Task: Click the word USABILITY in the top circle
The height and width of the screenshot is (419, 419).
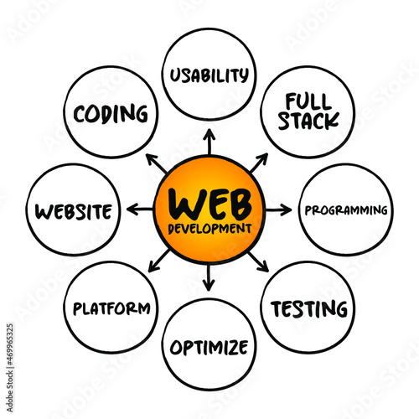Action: click(x=209, y=75)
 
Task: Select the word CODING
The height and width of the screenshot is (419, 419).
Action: click(x=111, y=114)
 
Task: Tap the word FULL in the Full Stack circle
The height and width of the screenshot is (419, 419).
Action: click(x=308, y=101)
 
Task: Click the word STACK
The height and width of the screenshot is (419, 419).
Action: click(x=308, y=121)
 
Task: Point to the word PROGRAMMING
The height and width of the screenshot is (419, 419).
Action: click(x=346, y=210)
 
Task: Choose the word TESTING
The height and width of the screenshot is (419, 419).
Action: click(x=309, y=309)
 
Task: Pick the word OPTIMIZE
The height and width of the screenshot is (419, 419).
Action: click(x=209, y=347)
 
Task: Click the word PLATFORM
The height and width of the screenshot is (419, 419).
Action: click(x=111, y=308)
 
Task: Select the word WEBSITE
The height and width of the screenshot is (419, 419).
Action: click(x=74, y=211)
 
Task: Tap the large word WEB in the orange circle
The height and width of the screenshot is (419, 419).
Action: click(x=210, y=204)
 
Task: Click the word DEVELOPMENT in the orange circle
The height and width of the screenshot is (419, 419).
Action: click(x=209, y=229)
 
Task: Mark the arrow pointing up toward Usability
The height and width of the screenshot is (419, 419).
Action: click(x=209, y=142)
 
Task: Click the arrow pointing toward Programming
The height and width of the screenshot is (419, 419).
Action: click(x=278, y=209)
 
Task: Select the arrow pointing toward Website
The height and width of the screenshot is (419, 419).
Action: click(x=140, y=209)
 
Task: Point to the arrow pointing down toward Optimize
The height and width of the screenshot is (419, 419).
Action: click(x=209, y=277)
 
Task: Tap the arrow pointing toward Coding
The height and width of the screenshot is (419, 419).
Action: click(x=157, y=163)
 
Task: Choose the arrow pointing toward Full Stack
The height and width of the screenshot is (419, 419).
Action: click(x=259, y=163)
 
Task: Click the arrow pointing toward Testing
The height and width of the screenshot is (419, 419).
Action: click(x=258, y=261)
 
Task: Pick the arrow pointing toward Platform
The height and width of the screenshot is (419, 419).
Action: click(x=159, y=261)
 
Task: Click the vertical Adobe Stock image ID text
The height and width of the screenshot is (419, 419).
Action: click(x=10, y=368)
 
